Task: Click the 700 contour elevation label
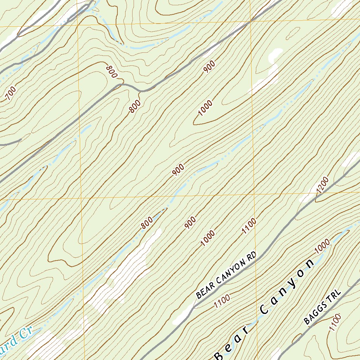pos(11,94)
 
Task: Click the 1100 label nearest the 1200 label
pos(249,226)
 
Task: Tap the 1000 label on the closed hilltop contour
pos(206,108)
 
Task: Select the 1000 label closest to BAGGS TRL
pos(322,246)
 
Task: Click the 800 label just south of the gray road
pos(135,106)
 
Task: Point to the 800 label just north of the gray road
pos(111,72)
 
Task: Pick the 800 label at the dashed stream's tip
pos(147,223)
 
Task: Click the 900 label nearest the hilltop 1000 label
pos(209,67)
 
